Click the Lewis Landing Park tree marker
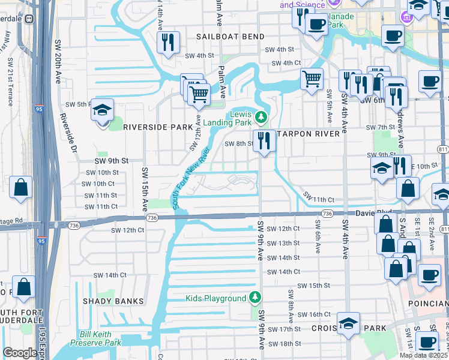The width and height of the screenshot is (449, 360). click(x=260, y=116)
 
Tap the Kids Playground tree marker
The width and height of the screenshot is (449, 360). click(x=255, y=298)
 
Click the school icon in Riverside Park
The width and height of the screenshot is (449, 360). click(x=103, y=111)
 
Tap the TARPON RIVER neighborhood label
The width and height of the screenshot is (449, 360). click(x=310, y=133)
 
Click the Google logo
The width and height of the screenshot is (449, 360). click(x=20, y=353)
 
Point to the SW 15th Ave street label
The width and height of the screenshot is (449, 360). click(x=145, y=188)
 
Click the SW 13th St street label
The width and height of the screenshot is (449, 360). click(x=283, y=243)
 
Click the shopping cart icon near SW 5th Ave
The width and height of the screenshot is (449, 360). click(x=312, y=79)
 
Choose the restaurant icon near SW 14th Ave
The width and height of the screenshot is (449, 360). click(x=166, y=43)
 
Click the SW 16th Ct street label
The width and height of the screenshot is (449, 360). click(x=315, y=314)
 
